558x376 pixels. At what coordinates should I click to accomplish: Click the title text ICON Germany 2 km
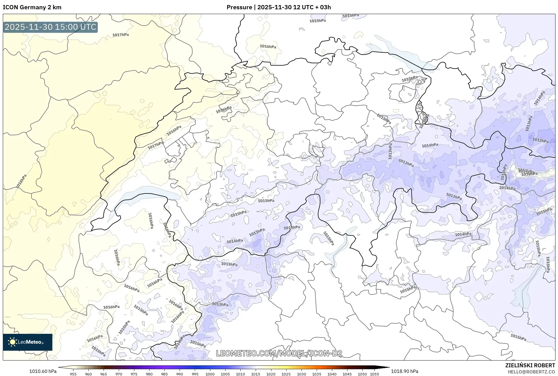[x=32, y=7]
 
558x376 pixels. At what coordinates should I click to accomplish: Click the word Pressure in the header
[x=239, y=7]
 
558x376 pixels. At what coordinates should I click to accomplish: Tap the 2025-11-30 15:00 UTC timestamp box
[x=50, y=27]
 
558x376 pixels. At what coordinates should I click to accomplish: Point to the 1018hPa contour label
[x=21, y=181]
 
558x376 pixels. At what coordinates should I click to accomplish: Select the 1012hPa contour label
[x=540, y=140]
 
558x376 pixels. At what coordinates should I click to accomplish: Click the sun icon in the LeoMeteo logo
[x=12, y=342]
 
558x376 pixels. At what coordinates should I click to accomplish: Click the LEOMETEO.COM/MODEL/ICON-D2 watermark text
[x=279, y=353]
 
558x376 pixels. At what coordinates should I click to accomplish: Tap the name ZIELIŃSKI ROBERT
[x=530, y=365]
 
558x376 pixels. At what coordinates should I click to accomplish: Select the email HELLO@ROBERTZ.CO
[x=531, y=372]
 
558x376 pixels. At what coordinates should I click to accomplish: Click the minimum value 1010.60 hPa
[x=43, y=371]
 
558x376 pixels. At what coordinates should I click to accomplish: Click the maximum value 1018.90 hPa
[x=405, y=371]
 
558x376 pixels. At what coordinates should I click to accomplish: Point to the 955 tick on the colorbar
[x=73, y=374]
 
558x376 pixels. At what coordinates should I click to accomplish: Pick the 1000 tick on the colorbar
[x=210, y=374]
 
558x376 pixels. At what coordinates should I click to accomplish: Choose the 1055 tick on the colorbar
[x=374, y=374]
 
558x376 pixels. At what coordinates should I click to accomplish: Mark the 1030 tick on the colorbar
[x=301, y=374]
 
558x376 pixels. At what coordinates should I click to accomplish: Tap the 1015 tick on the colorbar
[x=256, y=374]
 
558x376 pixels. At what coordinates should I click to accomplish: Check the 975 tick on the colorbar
[x=134, y=374]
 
